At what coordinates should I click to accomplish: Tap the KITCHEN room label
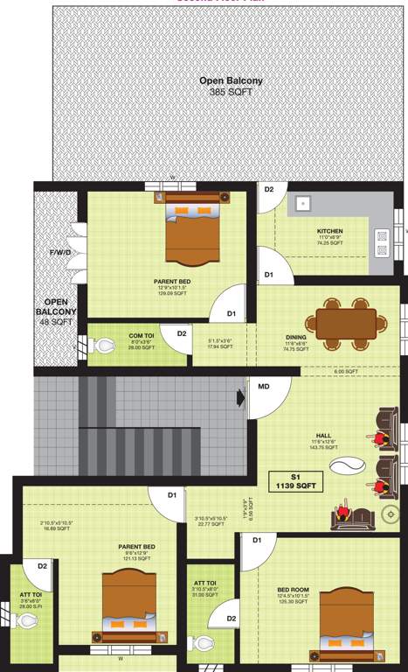tap(329, 232)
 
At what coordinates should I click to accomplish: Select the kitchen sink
tap(302, 203)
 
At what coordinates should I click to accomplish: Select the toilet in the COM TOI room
tap(104, 346)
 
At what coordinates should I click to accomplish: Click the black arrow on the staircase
tap(241, 398)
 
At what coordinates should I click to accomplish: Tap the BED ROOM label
tap(292, 590)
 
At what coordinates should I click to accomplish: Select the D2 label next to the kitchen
tap(269, 190)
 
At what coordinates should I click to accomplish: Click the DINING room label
tap(295, 336)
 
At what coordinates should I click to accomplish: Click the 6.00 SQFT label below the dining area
tap(346, 372)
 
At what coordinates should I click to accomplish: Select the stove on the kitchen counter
tap(382, 241)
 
